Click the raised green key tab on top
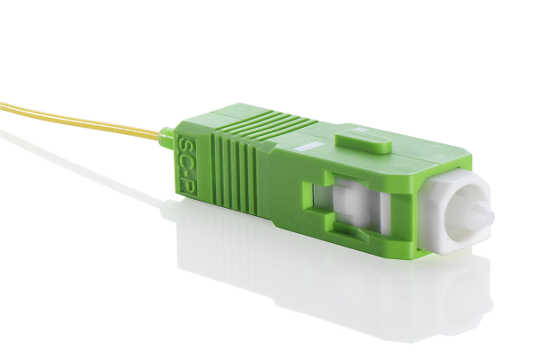click(x=363, y=141)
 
